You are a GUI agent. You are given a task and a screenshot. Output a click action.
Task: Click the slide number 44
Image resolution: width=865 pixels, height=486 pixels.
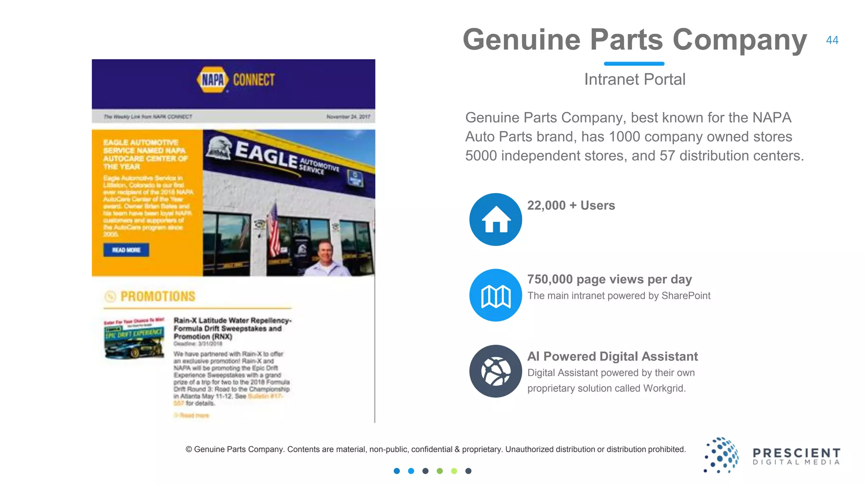click(832, 40)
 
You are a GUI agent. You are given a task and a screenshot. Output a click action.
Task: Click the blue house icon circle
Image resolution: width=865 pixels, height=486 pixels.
click(495, 219)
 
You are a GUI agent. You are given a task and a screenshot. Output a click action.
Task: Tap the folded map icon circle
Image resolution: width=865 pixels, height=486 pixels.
click(495, 295)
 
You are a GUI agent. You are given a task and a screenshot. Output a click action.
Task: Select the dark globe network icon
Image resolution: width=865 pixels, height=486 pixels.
click(495, 371)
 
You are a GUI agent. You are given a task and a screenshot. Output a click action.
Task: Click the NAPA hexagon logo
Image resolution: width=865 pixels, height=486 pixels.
click(213, 79)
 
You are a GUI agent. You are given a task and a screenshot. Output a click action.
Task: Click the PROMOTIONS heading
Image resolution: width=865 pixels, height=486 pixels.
click(158, 297)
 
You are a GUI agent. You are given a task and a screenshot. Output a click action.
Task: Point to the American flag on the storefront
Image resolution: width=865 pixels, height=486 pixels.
click(274, 230)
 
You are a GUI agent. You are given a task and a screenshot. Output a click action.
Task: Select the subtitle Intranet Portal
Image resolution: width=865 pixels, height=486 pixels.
click(634, 79)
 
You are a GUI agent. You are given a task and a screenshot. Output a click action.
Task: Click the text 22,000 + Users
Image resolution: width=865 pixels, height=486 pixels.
click(571, 205)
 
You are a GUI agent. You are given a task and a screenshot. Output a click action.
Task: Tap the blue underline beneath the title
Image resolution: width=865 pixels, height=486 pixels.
click(634, 64)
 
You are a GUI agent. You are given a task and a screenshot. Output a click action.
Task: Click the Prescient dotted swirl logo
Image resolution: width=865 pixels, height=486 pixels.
click(722, 455)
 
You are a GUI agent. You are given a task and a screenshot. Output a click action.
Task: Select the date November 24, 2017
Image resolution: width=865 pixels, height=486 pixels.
click(348, 117)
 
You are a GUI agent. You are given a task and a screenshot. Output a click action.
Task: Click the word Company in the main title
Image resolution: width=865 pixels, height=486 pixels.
click(739, 40)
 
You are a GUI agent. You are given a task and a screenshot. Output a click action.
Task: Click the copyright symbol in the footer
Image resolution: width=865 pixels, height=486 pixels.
click(189, 450)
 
